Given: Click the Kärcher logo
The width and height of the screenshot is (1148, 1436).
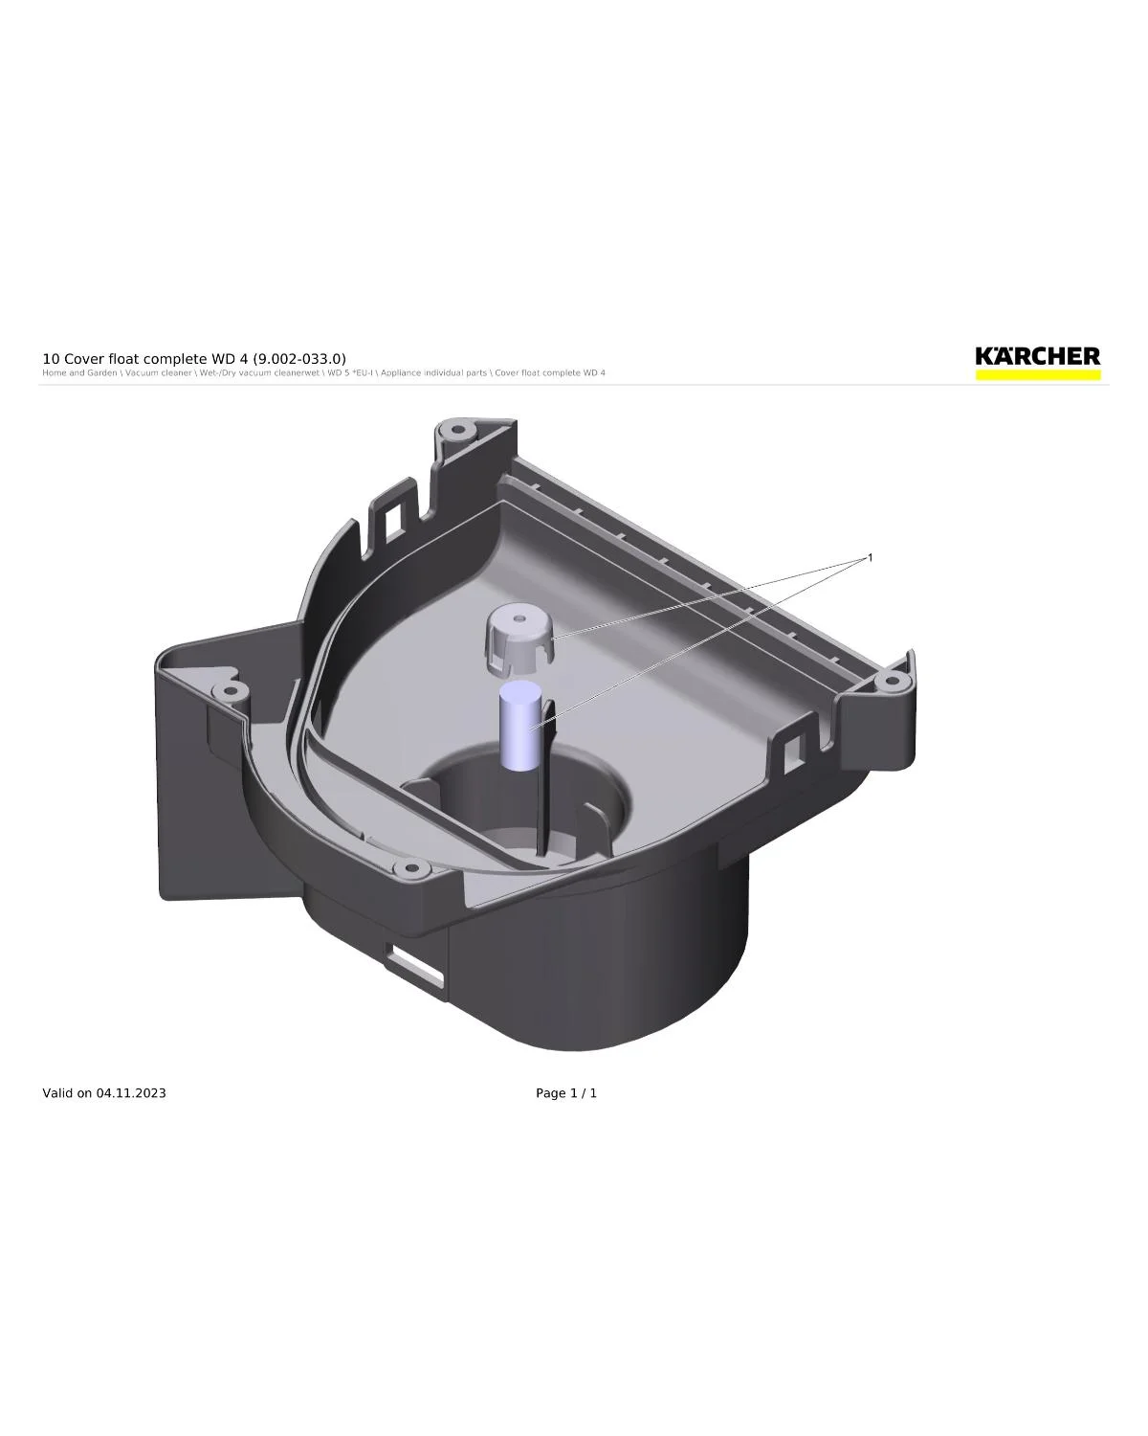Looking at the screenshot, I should point(1037,357).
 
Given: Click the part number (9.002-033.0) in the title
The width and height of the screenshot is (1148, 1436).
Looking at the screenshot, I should point(299,359).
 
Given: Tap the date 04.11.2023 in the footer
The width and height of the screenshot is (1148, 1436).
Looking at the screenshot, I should point(130,1093).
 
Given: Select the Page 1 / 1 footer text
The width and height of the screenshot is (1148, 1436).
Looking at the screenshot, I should point(566,1093).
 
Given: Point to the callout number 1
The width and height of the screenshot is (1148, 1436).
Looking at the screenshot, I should point(870,557).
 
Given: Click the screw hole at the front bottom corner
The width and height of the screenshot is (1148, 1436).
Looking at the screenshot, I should point(412,869).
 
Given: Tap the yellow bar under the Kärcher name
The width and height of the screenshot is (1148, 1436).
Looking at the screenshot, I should point(1037,375).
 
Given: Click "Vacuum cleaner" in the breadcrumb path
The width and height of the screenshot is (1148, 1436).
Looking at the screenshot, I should point(158,373).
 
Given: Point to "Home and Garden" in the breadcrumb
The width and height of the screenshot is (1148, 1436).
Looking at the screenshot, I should point(79,373).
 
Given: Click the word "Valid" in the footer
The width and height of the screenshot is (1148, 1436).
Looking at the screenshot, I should point(57,1093).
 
